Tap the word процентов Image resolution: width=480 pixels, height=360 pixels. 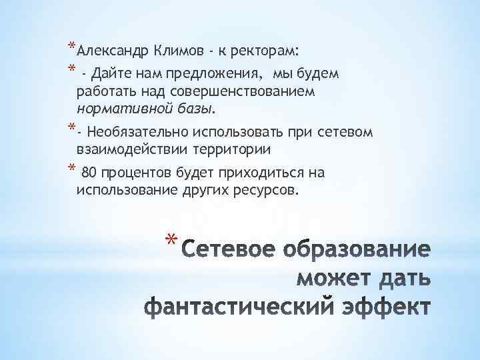[x=136, y=173]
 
